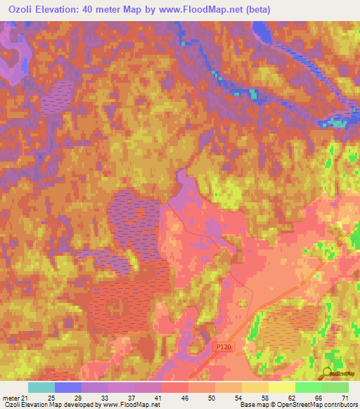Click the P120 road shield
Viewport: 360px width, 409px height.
pos(222,348)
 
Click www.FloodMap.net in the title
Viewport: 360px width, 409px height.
pos(202,8)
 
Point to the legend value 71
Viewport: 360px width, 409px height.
pos(345,398)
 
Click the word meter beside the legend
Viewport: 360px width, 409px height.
pos(11,398)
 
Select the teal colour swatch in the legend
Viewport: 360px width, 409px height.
pos(41,387)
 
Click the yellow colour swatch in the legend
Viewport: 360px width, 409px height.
pos(281,387)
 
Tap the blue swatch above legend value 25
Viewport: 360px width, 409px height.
pos(67,387)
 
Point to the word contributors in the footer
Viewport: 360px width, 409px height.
pos(337,405)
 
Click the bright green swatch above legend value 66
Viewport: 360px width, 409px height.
pos(308,387)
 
